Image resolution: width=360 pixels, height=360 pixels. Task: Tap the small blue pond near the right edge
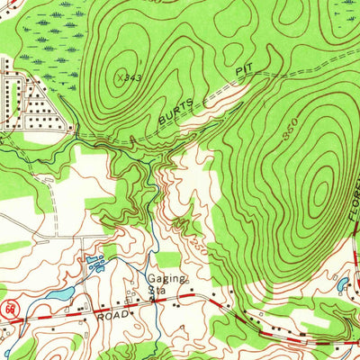click(342, 286)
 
